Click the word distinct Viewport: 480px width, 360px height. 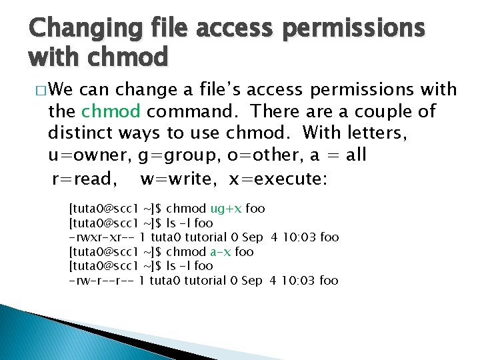pos(79,133)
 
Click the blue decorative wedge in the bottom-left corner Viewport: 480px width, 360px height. pos(40,333)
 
